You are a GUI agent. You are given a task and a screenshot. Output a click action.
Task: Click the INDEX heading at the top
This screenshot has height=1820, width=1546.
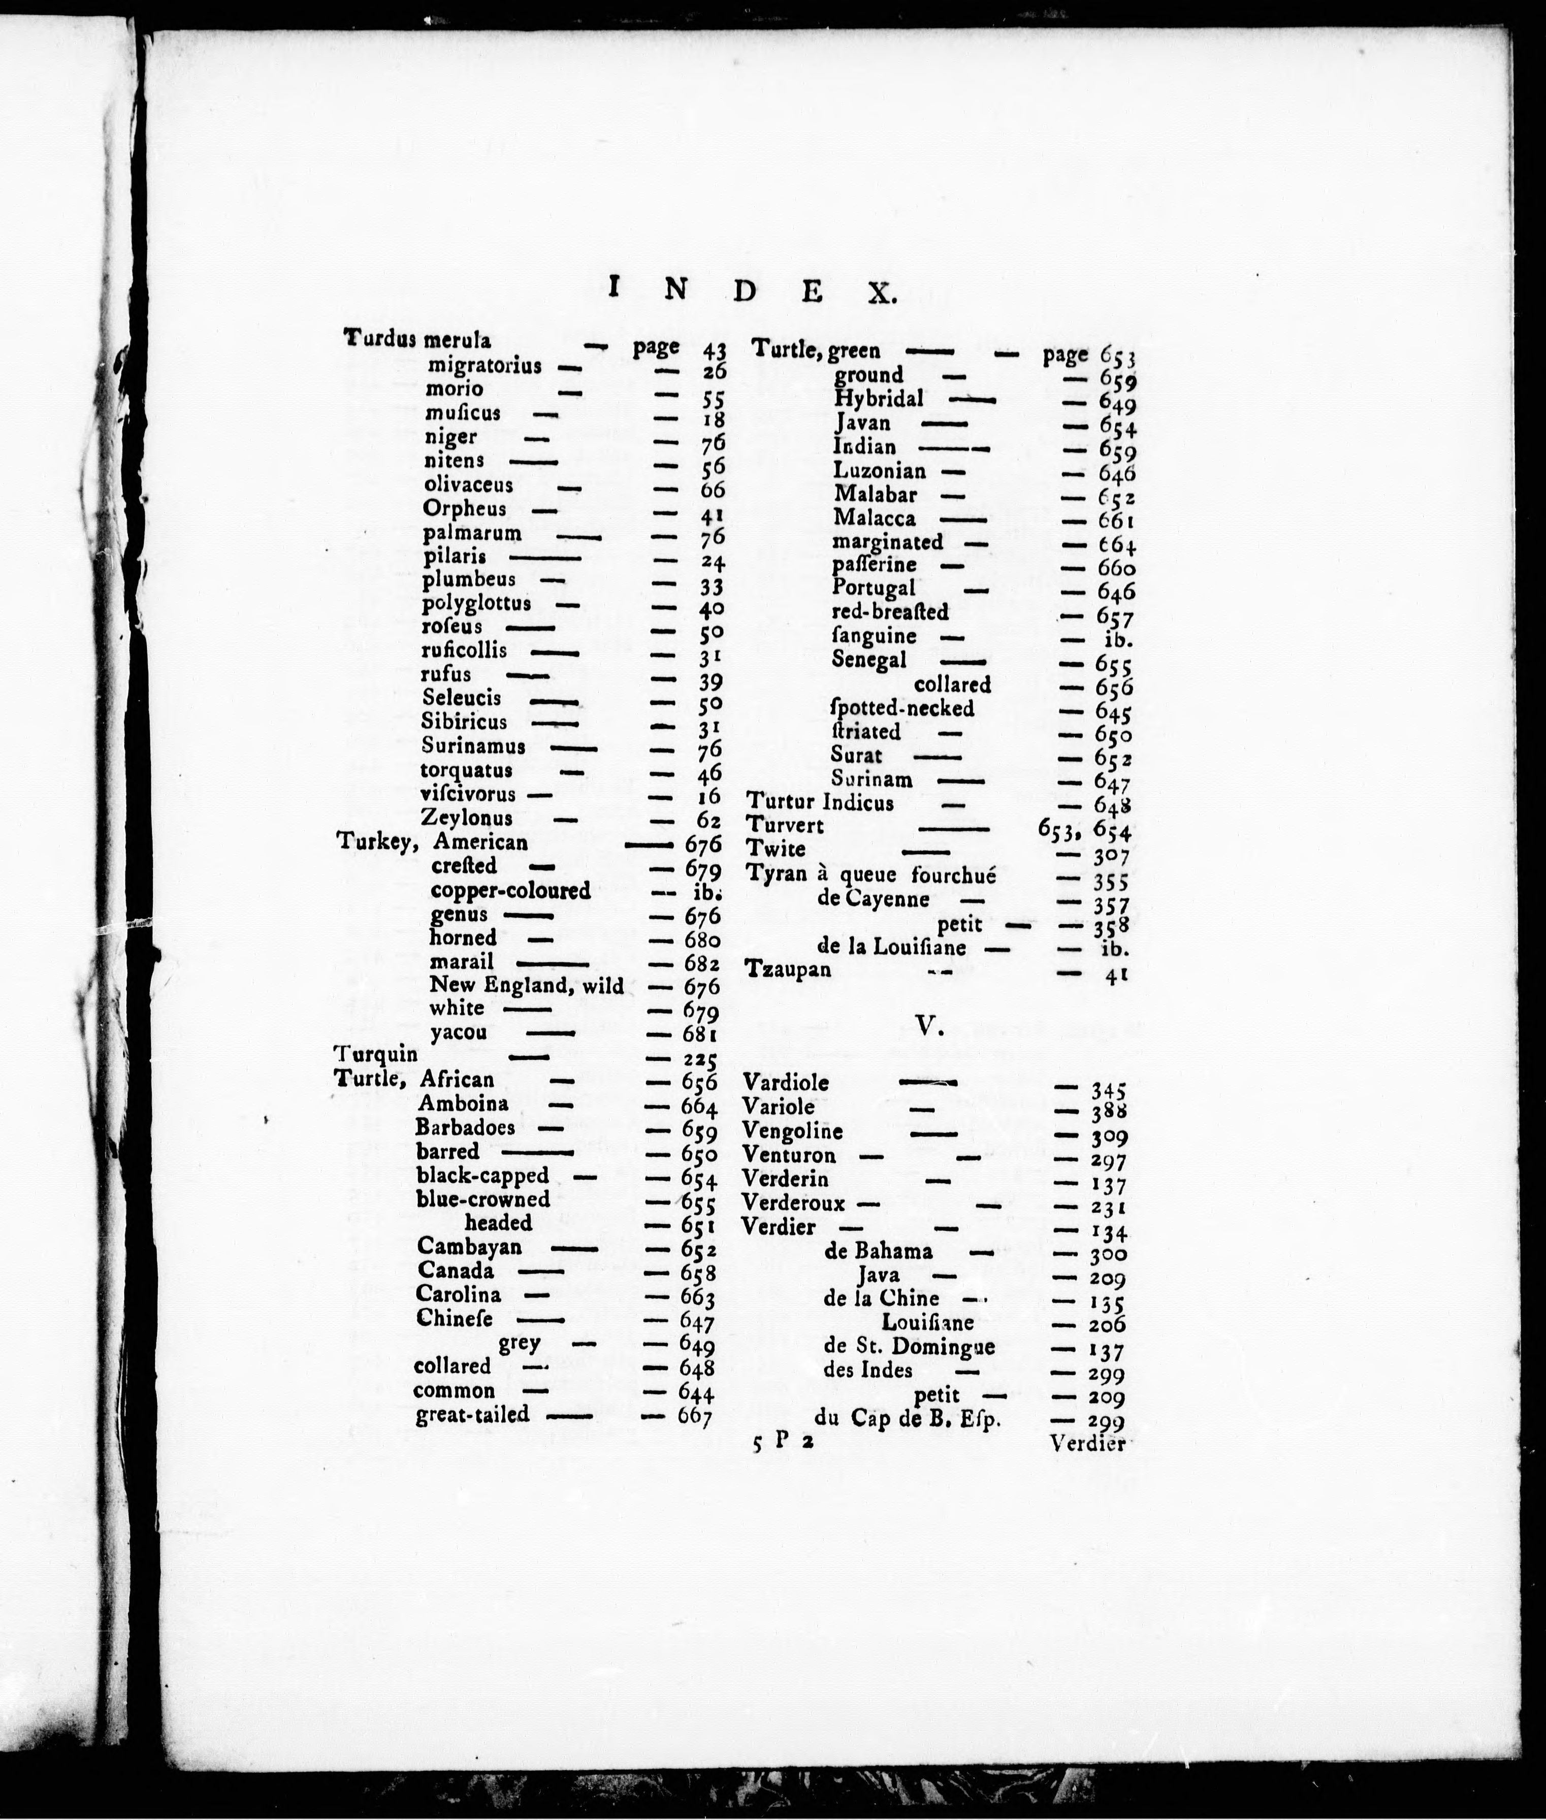click(753, 289)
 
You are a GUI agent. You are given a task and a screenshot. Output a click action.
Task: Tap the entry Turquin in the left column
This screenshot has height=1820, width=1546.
click(376, 1054)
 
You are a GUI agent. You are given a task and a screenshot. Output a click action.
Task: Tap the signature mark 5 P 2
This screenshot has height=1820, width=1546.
click(783, 1445)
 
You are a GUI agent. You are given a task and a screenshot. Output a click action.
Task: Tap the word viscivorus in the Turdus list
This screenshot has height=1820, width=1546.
click(468, 794)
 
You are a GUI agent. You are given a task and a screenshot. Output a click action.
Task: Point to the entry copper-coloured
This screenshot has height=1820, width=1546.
click(510, 890)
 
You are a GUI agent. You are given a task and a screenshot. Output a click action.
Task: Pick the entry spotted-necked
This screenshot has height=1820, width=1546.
click(903, 708)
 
